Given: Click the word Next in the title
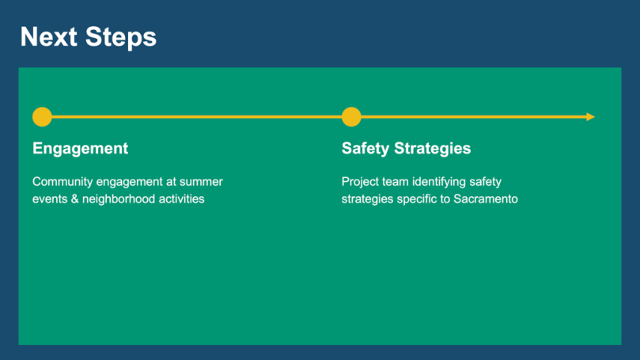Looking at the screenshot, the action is (x=48, y=36).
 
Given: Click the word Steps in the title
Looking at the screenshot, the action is (x=121, y=36).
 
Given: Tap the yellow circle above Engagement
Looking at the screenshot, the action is (x=42, y=117).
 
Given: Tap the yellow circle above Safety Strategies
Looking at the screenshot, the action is (x=351, y=117).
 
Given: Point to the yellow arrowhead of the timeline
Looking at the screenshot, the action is (x=591, y=117).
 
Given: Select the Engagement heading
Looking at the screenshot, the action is (x=81, y=149).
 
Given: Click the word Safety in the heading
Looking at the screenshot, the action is (x=365, y=149).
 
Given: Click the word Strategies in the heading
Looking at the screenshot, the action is (x=432, y=149).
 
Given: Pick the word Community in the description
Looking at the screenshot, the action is (x=62, y=182).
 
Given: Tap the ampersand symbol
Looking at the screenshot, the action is (x=74, y=199).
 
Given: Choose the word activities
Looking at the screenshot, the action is (x=182, y=199).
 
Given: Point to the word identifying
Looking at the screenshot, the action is (x=438, y=182).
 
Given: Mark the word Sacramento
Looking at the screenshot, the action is (x=486, y=199).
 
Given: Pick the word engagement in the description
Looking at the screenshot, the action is (x=130, y=182).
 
